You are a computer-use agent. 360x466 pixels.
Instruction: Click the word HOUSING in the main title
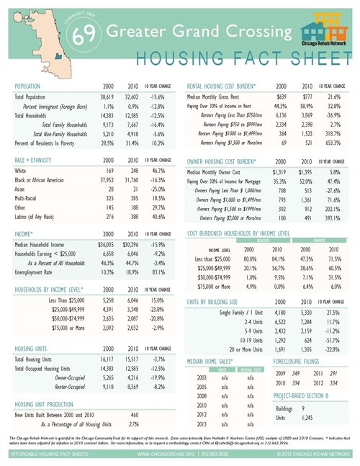pos(166,59)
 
